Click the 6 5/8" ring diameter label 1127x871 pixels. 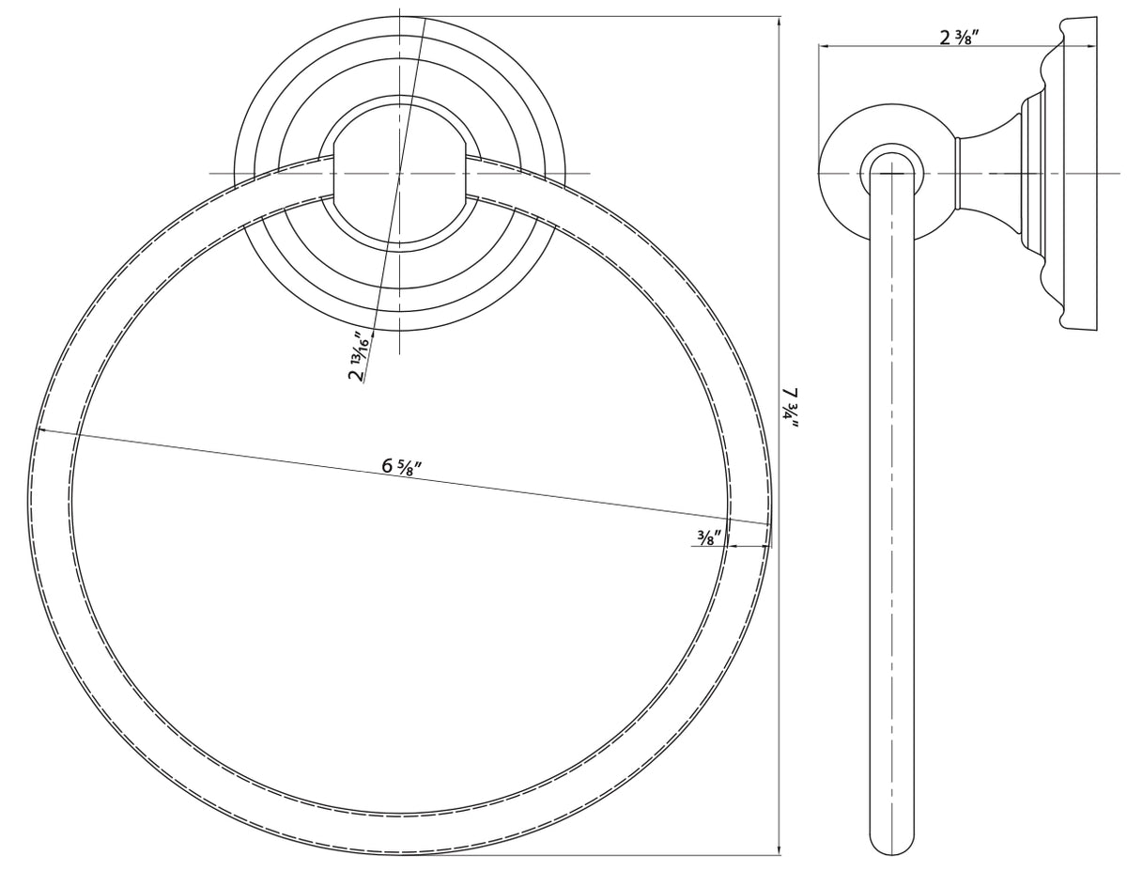[x=401, y=465]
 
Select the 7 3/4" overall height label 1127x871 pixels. [x=792, y=407]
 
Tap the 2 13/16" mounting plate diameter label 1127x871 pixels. [x=358, y=356]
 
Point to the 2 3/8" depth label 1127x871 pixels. [x=960, y=38]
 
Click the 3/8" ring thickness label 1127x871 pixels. [x=707, y=537]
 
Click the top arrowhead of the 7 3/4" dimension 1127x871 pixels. [x=780, y=21]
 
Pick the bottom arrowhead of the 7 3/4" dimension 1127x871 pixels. [x=780, y=850]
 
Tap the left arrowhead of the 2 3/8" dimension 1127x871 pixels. [x=823, y=45]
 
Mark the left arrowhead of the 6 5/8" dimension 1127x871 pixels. [x=42, y=431]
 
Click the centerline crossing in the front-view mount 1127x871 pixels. [x=400, y=174]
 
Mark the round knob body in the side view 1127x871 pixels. [x=845, y=174]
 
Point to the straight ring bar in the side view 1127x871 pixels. [x=890, y=517]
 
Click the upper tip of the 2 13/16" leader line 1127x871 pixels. [x=425, y=19]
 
